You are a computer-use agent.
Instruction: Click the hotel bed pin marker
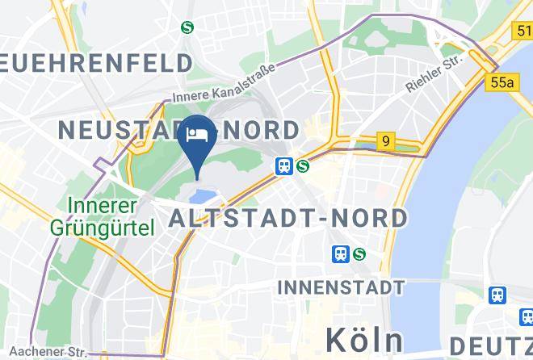[x=197, y=135]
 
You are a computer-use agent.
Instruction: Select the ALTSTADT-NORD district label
[x=287, y=218]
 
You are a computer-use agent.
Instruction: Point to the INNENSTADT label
[x=340, y=287]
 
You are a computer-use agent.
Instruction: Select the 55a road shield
[x=502, y=82]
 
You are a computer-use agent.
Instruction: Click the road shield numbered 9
[x=387, y=142]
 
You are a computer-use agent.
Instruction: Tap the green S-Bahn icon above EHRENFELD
[x=188, y=27]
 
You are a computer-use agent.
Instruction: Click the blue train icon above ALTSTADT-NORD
[x=283, y=166]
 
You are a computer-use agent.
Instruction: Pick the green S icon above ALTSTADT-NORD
[x=303, y=166]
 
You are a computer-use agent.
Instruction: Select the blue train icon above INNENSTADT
[x=341, y=254]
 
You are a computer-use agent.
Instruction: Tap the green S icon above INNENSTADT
[x=359, y=254]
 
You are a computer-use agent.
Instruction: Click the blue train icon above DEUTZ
[x=497, y=295]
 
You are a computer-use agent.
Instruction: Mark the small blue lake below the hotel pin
[x=203, y=193]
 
